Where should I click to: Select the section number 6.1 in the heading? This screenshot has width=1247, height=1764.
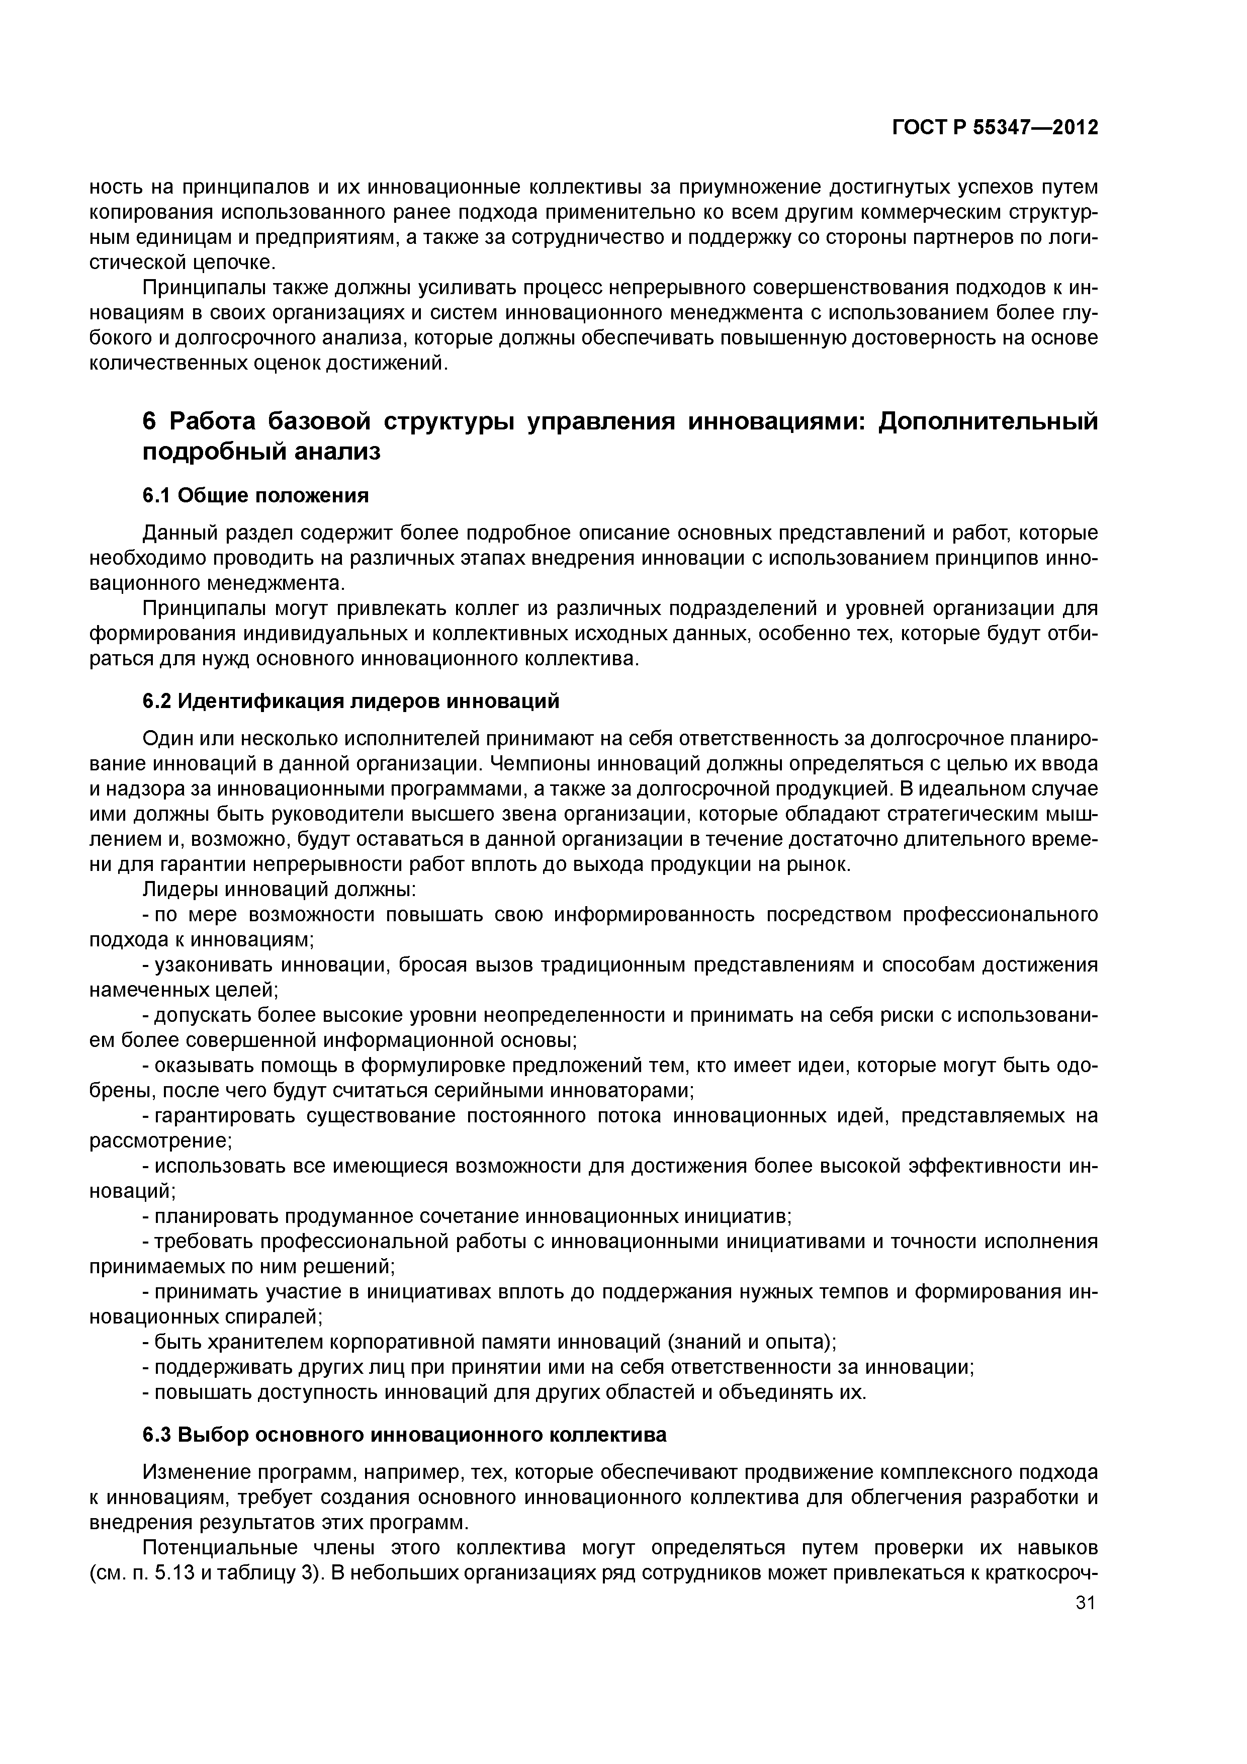157,496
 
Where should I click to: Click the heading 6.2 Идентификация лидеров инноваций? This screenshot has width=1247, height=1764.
351,700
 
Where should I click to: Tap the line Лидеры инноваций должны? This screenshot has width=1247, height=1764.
280,890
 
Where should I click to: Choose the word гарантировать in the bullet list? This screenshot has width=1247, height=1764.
224,1115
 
